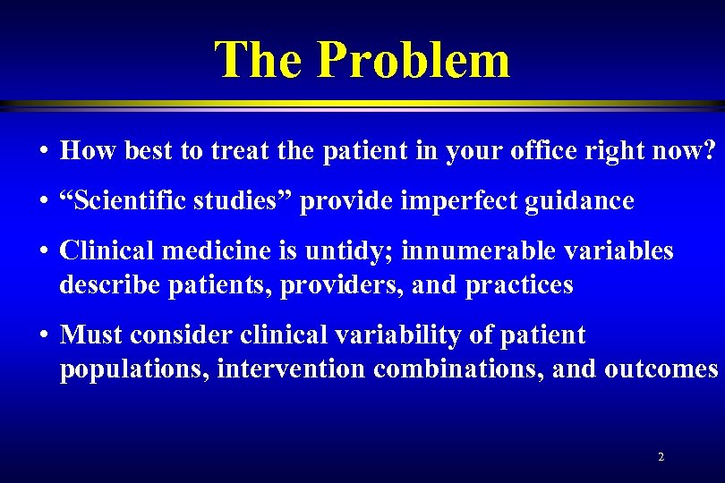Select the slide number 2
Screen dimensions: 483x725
[x=661, y=457]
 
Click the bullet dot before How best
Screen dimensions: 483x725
[x=43, y=151]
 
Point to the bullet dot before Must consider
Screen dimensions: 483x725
[x=43, y=335]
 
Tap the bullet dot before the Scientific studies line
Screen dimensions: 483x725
[x=43, y=201]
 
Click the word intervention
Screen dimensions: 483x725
[x=294, y=369]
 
